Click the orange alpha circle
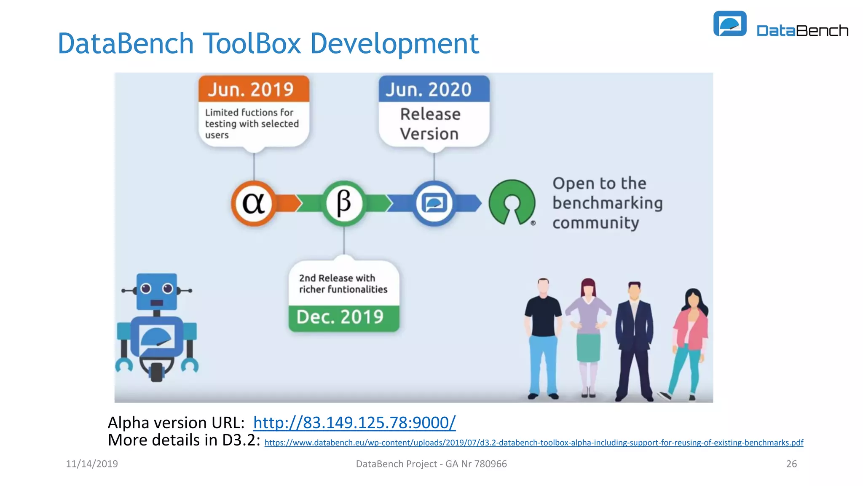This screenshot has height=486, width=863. coord(254,203)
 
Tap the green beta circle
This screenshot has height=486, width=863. coord(344,203)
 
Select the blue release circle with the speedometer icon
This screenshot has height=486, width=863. coord(434,203)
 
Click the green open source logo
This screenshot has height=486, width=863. coord(512,202)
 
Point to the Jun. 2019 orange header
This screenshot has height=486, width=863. coord(254,89)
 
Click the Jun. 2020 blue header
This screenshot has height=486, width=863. coord(434,89)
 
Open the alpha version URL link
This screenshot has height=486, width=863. coord(354,422)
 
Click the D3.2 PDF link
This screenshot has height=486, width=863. coord(533,443)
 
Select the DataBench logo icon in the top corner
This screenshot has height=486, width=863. coord(730,24)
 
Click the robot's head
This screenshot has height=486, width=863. coord(157,291)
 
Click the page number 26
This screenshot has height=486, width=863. coord(791,464)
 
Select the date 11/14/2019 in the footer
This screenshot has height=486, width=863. coord(92,464)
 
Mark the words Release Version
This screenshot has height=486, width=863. coord(430,124)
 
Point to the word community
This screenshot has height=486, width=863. coord(595,223)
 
